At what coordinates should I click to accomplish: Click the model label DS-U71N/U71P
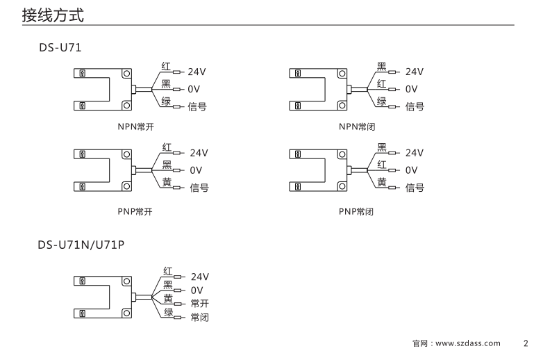(82, 245)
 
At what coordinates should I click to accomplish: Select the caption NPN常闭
(356, 126)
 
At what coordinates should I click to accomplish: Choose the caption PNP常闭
(356, 211)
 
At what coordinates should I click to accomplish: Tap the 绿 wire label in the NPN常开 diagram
(166, 101)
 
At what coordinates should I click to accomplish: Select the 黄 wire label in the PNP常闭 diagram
(382, 181)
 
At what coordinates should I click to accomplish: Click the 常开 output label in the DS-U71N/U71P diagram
(199, 303)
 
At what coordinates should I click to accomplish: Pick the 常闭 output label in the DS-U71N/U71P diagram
(199, 318)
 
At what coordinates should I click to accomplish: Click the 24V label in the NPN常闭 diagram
(415, 72)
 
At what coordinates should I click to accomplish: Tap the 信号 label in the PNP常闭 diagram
(415, 188)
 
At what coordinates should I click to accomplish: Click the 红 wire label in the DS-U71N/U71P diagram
(168, 270)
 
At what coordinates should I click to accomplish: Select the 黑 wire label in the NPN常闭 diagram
(382, 66)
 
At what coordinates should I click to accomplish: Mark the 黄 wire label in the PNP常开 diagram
(167, 181)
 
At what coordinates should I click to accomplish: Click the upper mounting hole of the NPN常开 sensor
(126, 73)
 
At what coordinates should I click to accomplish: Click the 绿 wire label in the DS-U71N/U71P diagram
(168, 311)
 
